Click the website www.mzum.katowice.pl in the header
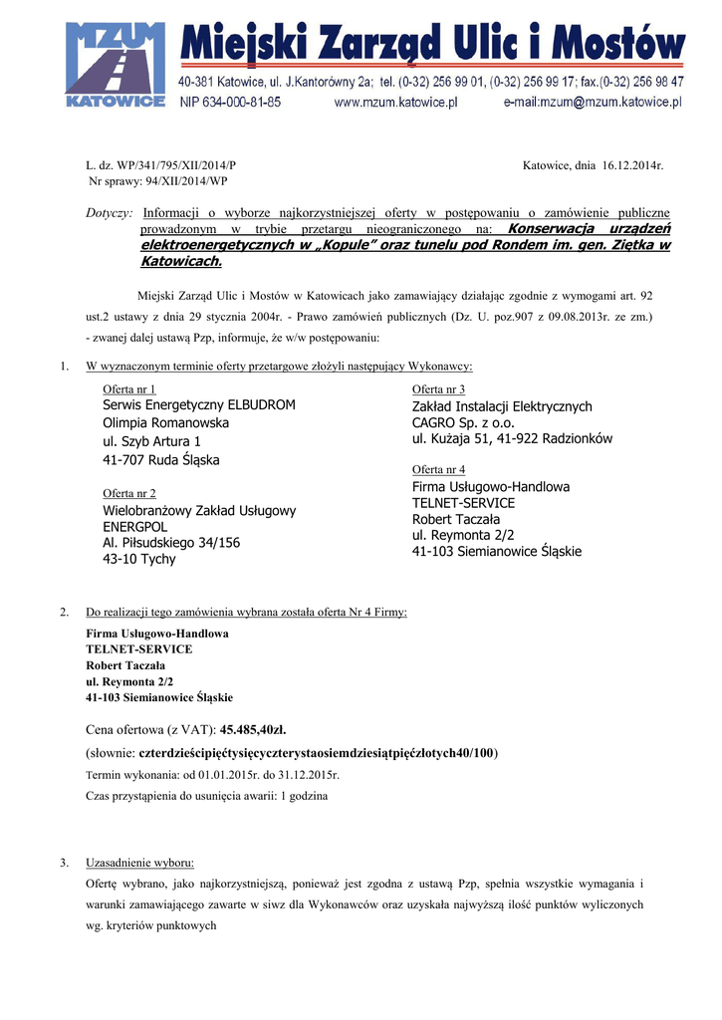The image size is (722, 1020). (x=395, y=102)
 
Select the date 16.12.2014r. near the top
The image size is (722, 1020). (x=632, y=164)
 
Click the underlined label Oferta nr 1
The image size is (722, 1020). (x=129, y=388)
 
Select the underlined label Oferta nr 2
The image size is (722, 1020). (x=129, y=493)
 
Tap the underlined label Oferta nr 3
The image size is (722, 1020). (x=438, y=388)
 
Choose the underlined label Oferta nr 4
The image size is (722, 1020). (x=438, y=469)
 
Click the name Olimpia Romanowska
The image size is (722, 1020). (x=166, y=422)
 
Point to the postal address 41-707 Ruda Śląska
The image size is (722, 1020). (x=161, y=460)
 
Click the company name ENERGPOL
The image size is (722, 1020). (x=135, y=527)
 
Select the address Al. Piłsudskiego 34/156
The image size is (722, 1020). (x=171, y=543)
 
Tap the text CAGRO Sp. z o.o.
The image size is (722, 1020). (x=463, y=422)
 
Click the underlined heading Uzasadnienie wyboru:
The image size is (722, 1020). (x=140, y=862)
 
